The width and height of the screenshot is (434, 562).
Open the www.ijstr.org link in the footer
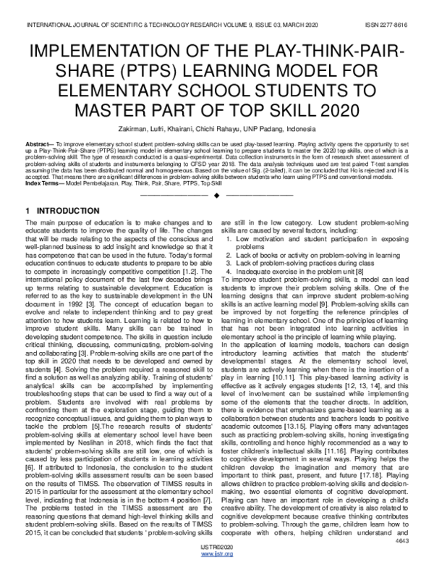[216, 554]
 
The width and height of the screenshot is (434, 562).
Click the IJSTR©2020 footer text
[216, 546]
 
